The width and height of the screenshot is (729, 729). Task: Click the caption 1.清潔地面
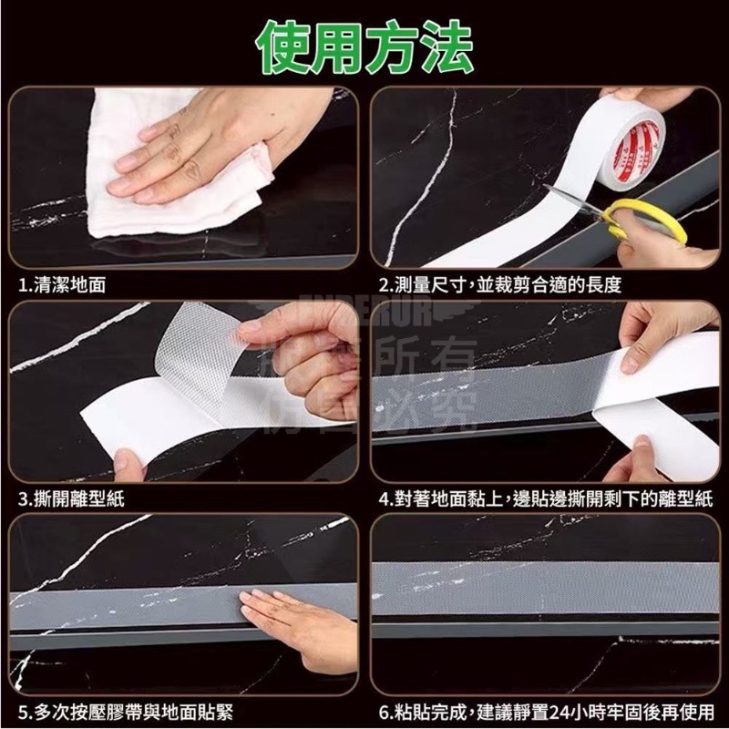pos(63,285)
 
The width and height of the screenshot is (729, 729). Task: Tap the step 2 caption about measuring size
pos(500,285)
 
